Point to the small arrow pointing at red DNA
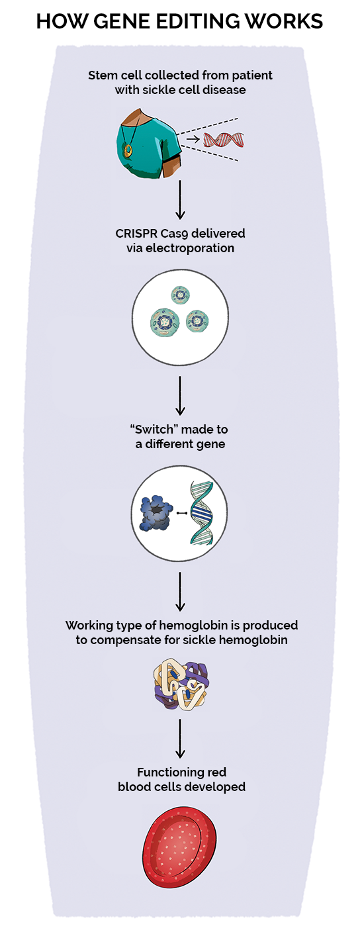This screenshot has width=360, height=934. [x=193, y=140]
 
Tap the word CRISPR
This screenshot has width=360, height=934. [x=139, y=234]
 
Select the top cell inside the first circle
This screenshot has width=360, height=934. [x=180, y=295]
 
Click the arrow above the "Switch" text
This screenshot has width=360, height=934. [x=180, y=395]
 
